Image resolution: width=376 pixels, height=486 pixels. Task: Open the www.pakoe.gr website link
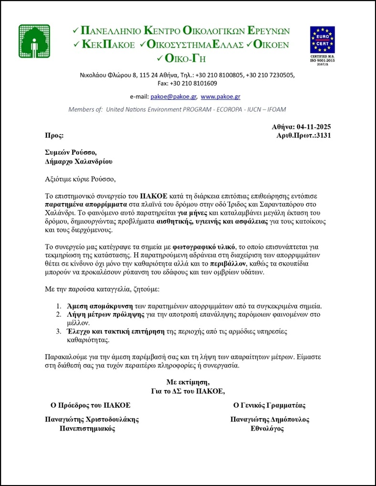pos(220,96)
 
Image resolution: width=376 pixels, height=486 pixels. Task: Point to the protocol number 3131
pos(323,135)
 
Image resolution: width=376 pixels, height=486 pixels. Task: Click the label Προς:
pos(54,135)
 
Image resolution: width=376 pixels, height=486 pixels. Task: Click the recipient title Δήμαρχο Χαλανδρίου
pos(79,162)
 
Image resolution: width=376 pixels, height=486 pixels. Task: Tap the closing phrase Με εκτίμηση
pos(188,382)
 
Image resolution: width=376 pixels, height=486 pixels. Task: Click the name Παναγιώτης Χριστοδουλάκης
pos(91,420)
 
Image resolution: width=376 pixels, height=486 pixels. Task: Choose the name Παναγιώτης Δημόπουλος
pos(269,420)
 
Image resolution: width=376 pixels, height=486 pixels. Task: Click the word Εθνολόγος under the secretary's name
pos(268,429)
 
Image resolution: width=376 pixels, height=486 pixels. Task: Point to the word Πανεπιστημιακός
pos(87,429)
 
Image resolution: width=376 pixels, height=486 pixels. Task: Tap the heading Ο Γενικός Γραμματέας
pos(269,405)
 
